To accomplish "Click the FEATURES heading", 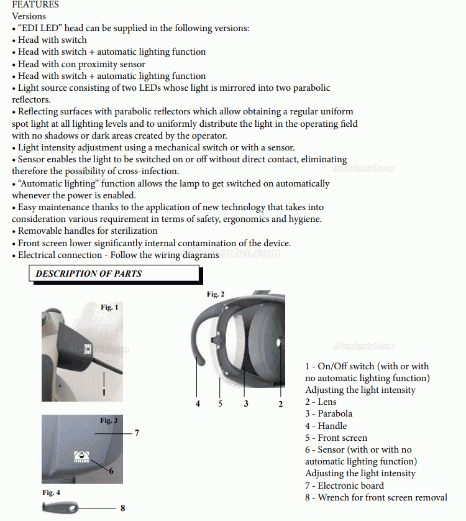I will [x=35, y=4].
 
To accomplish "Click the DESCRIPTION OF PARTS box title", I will [x=88, y=274].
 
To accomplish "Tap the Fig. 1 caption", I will [x=109, y=307].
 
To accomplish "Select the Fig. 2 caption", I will [x=216, y=294].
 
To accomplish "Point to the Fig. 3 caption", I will [x=109, y=421].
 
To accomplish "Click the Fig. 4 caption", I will [x=52, y=492].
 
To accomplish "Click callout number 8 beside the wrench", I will [x=122, y=508].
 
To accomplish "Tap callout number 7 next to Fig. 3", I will [x=137, y=433].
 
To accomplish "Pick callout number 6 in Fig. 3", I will [x=111, y=471].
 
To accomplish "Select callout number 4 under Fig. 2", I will [x=198, y=403].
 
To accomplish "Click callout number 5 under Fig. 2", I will [x=220, y=403].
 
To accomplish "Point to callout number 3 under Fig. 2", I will [x=246, y=403].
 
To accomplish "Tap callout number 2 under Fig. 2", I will [x=280, y=404].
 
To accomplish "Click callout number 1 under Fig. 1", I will [x=104, y=392].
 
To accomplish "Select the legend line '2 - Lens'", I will [x=321, y=402].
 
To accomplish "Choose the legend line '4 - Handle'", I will [x=326, y=426].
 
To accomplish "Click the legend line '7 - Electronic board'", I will [x=344, y=486].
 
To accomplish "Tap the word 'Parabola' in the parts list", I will [x=335, y=414].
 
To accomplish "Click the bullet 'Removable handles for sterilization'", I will [x=87, y=231].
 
